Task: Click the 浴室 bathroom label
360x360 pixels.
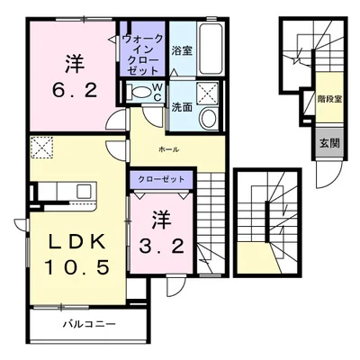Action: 182,50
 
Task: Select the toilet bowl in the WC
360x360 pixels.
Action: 139,91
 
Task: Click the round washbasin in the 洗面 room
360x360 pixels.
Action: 208,118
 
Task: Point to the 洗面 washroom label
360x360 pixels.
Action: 182,108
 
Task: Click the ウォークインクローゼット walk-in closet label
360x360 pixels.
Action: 143,55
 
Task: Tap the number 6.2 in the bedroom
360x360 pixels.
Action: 75,90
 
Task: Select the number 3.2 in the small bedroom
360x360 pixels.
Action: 161,247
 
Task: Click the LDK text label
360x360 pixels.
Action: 77,241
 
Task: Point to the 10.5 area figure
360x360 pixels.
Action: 76,266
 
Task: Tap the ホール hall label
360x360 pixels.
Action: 169,149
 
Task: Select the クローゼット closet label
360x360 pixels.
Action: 161,179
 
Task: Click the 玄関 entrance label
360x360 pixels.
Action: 329,144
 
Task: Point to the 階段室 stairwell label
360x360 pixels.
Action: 329,99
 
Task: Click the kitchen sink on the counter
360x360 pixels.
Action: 84,192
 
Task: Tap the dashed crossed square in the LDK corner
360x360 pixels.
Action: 42,148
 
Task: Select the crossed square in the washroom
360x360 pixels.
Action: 208,93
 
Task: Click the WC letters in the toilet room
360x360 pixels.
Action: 157,92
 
